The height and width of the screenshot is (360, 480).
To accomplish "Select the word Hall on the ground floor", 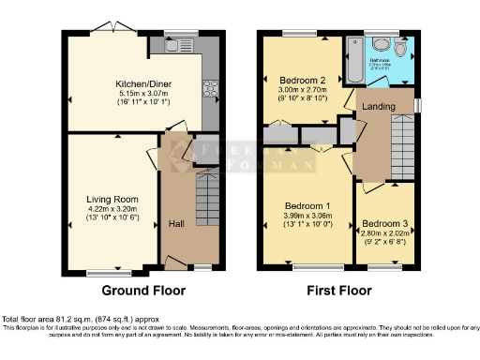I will click(176, 224).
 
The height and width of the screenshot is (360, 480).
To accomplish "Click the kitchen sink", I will click(175, 44).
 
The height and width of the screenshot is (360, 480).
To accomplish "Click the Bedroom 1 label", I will click(308, 206).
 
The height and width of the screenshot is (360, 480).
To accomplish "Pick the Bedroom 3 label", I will click(384, 224).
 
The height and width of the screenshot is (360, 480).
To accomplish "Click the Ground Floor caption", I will click(134, 291).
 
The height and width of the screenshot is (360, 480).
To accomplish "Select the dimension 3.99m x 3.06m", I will click(308, 216).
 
